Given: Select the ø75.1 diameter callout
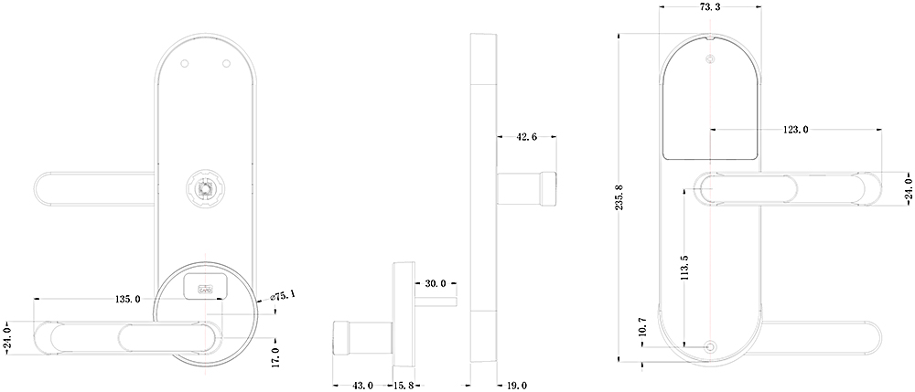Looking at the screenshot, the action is (x=283, y=296).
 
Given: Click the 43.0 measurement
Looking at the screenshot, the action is (x=363, y=386).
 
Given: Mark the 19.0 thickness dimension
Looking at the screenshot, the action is (x=516, y=386).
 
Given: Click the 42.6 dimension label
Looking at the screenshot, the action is (x=526, y=137).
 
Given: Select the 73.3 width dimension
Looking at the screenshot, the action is (x=710, y=7).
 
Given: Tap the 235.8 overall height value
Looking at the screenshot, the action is (x=619, y=198).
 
